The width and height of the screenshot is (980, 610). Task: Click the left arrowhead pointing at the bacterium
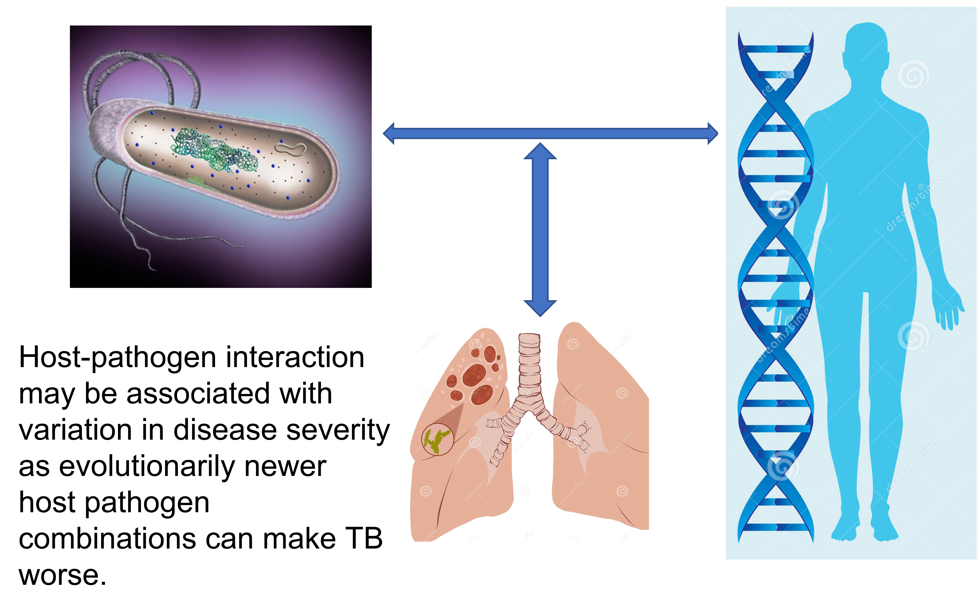pyautogui.click(x=389, y=133)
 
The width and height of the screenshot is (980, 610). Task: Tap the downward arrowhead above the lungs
pyautogui.click(x=540, y=309)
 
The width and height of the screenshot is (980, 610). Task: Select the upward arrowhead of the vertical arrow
pyautogui.click(x=540, y=151)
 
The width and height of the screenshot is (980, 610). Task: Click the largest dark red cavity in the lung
pyautogui.click(x=475, y=375)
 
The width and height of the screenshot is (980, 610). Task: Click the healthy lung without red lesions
pyautogui.click(x=601, y=436)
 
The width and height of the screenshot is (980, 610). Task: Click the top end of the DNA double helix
pyautogui.click(x=775, y=44)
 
